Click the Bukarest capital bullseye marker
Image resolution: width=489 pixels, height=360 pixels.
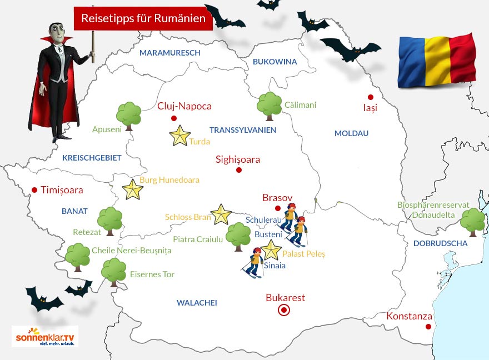[284, 310]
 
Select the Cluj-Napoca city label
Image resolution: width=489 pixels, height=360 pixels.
[184, 106]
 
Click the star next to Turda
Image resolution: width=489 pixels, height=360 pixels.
[180, 136]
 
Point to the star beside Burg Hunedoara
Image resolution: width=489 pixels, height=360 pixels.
[132, 189]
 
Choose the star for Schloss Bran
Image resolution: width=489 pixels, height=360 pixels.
[221, 214]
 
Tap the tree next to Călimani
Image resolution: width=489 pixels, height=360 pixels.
[270, 105]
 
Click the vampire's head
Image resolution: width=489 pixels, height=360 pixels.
[56, 34]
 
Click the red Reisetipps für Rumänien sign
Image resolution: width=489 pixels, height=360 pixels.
[143, 18]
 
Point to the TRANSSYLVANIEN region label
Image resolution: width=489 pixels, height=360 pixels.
[243, 130]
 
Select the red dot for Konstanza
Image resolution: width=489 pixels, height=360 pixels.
[428, 327]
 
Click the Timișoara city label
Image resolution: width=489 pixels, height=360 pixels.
[62, 190]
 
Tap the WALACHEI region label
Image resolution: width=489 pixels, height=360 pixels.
[197, 303]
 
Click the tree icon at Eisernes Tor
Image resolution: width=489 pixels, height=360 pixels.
[113, 271]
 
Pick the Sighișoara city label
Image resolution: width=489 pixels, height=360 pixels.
[238, 159]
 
